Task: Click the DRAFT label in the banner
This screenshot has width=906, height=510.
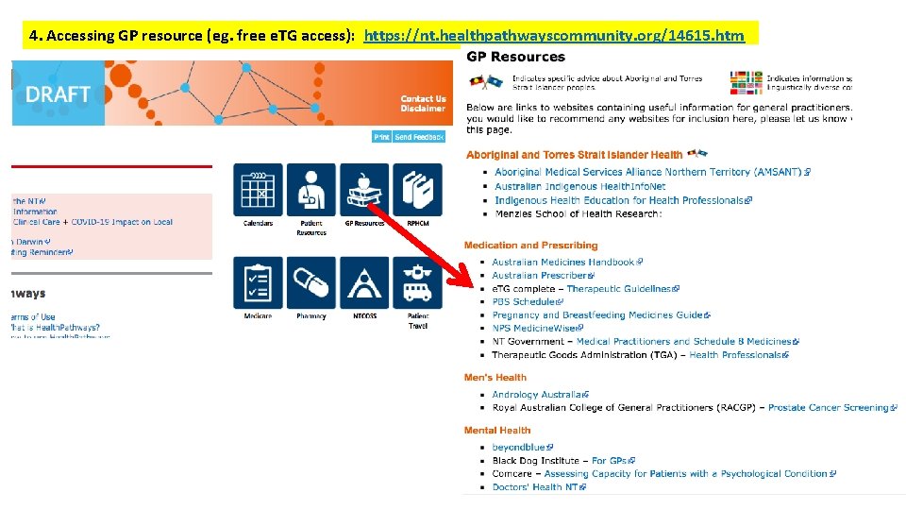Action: pos(58,94)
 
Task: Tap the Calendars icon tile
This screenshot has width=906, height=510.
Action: pos(258,189)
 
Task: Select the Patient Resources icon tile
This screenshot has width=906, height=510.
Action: pos(310,189)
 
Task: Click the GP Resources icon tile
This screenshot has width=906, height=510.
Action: pos(363,189)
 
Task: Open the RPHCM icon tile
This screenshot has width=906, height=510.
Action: pos(417,189)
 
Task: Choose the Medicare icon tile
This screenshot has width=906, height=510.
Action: pos(258,281)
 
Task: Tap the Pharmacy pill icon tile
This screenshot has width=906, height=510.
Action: pos(310,281)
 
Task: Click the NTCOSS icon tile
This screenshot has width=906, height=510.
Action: pos(363,281)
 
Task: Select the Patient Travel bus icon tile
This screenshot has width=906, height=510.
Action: pos(417,281)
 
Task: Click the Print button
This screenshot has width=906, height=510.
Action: pos(381,137)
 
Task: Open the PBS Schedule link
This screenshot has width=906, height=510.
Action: pos(525,302)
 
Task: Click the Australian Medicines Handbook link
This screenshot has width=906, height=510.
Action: pos(563,263)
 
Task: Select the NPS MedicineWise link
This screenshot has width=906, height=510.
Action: pos(533,329)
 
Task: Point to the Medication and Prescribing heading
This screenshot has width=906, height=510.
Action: pos(530,246)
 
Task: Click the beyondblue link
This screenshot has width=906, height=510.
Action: pos(519,448)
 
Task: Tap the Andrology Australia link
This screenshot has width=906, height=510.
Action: pos(537,395)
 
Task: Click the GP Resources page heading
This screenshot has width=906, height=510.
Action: pos(515,58)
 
